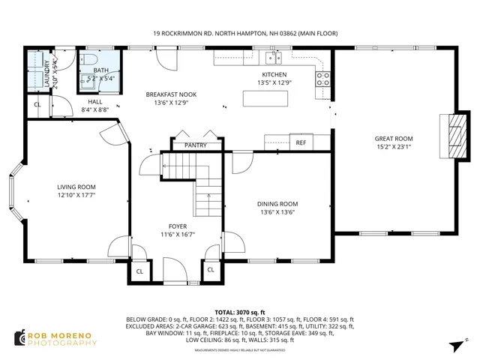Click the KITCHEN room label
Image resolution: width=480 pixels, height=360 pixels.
274,75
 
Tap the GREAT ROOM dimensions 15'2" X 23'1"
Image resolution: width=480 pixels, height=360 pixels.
394,147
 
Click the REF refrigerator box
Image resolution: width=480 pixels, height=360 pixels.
301,142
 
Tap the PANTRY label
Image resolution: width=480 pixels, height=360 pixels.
195,145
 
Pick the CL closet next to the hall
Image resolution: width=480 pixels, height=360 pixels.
37,105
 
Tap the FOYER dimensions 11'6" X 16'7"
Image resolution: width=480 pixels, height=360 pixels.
178,235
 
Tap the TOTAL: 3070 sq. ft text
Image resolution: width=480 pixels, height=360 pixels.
241,311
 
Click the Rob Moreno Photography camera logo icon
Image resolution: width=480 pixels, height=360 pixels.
19,337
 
